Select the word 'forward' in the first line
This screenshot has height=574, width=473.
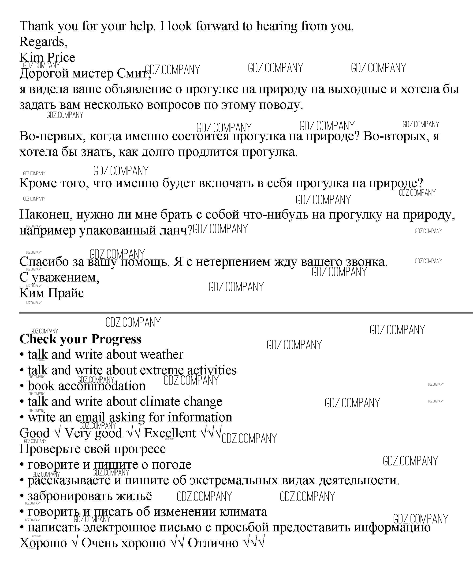[x=217, y=26]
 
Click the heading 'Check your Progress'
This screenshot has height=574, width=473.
[x=80, y=339]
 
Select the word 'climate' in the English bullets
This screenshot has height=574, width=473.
[x=160, y=402]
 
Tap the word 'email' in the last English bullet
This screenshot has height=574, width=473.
[x=90, y=417]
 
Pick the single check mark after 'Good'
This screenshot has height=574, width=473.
[x=57, y=433]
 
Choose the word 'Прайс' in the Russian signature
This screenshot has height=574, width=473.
[x=66, y=293]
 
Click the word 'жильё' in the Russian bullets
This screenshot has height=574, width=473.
[x=134, y=496]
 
